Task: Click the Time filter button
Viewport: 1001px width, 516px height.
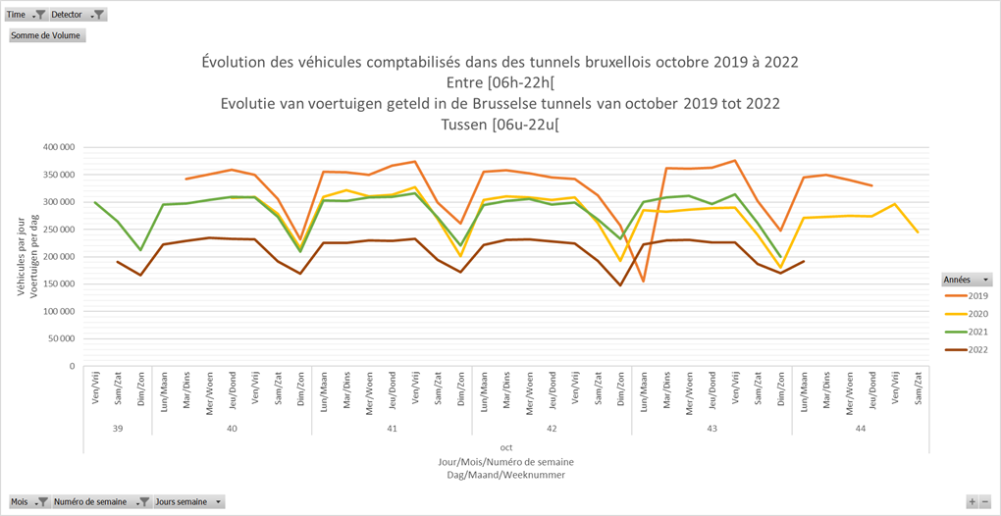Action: (26, 15)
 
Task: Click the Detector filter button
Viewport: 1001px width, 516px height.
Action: (77, 15)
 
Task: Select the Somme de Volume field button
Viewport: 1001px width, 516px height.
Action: (47, 35)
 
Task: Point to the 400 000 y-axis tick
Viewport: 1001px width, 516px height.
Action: (59, 147)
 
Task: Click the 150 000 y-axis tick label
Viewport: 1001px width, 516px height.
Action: (59, 284)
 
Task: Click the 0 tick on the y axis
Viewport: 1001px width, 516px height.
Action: (72, 366)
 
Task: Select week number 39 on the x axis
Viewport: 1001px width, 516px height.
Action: (118, 429)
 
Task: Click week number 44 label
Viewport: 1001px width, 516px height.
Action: (861, 429)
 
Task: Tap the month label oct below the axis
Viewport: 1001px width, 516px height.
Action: (506, 447)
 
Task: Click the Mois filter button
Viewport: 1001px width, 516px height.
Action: (27, 501)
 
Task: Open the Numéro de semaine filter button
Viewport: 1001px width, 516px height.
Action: (99, 501)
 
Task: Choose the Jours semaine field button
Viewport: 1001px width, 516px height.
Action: (187, 501)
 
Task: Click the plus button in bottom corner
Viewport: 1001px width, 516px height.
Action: (973, 501)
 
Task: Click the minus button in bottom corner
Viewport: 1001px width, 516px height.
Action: (985, 501)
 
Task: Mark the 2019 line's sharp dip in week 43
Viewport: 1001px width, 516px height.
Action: (644, 282)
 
